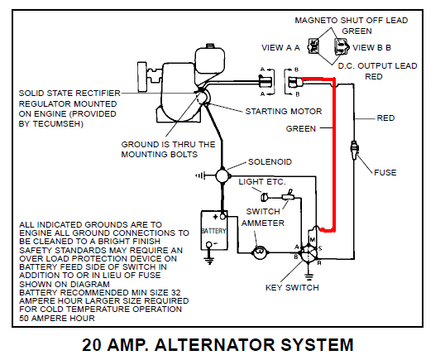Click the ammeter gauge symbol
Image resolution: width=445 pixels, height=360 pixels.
tap(260, 252)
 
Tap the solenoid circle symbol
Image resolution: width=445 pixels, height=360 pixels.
tap(222, 175)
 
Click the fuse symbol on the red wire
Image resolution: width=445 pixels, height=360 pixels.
tap(354, 150)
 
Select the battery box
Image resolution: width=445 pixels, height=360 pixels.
tap(214, 230)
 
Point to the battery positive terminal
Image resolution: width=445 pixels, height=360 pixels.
tap(223, 217)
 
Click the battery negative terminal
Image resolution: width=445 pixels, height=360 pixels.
tap(209, 244)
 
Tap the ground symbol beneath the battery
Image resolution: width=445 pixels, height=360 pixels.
tap(209, 261)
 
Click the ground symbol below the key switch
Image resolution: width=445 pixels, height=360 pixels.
tap(309, 276)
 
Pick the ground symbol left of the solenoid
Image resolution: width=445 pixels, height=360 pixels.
tap(200, 175)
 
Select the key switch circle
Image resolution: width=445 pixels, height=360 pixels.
tap(309, 253)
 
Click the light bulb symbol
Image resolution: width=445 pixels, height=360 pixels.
tap(264, 197)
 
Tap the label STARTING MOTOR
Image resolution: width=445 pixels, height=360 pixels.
tap(284, 111)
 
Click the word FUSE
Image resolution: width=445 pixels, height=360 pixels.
tap(385, 173)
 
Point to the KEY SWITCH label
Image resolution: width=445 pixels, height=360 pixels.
tap(292, 288)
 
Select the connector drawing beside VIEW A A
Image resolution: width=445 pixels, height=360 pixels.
tap(313, 46)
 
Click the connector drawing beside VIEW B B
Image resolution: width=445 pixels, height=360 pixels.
tap(341, 46)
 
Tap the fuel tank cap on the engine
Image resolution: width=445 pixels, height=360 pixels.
tap(210, 46)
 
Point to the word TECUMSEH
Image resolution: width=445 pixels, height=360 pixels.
tap(58, 124)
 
